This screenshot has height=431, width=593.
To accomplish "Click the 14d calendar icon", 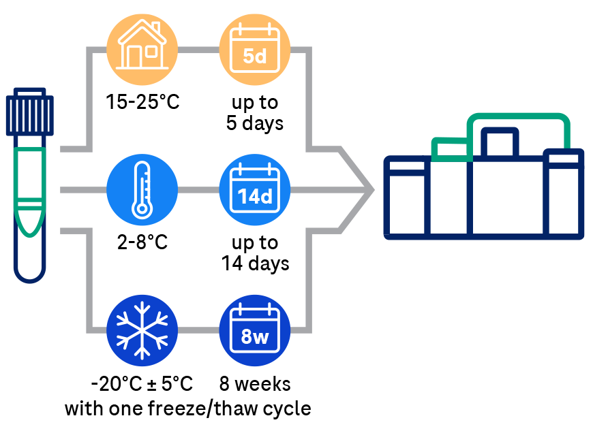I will pyautogui.click(x=254, y=191).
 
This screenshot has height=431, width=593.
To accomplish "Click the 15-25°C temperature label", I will pyautogui.click(x=142, y=103).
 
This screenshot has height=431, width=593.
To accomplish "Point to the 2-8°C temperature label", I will pyautogui.click(x=142, y=243).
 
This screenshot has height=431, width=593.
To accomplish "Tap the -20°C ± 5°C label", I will pyautogui.click(x=142, y=384).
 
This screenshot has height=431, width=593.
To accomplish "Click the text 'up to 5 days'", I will pyautogui.click(x=254, y=113).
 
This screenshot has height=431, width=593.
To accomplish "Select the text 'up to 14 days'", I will pyautogui.click(x=255, y=253).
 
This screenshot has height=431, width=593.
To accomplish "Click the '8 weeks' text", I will pyautogui.click(x=255, y=384).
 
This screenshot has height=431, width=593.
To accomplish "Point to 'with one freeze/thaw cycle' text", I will pyautogui.click(x=187, y=409).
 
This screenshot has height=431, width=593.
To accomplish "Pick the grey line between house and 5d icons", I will pyautogui.click(x=198, y=48).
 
